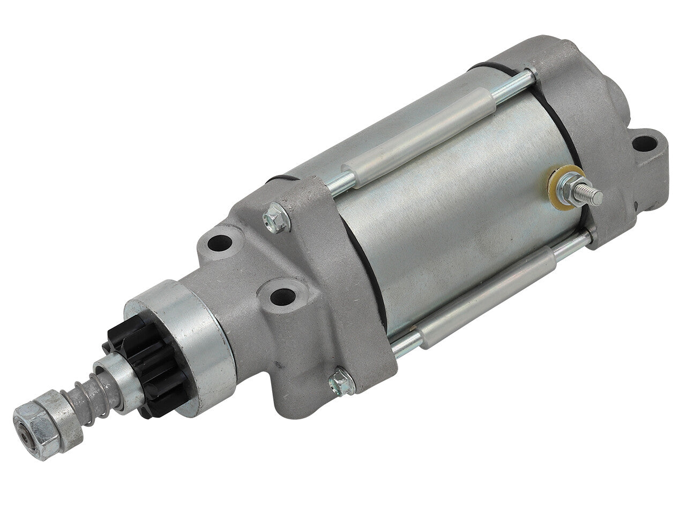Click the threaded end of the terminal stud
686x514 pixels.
(593, 193)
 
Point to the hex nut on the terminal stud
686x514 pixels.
(569, 186)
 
